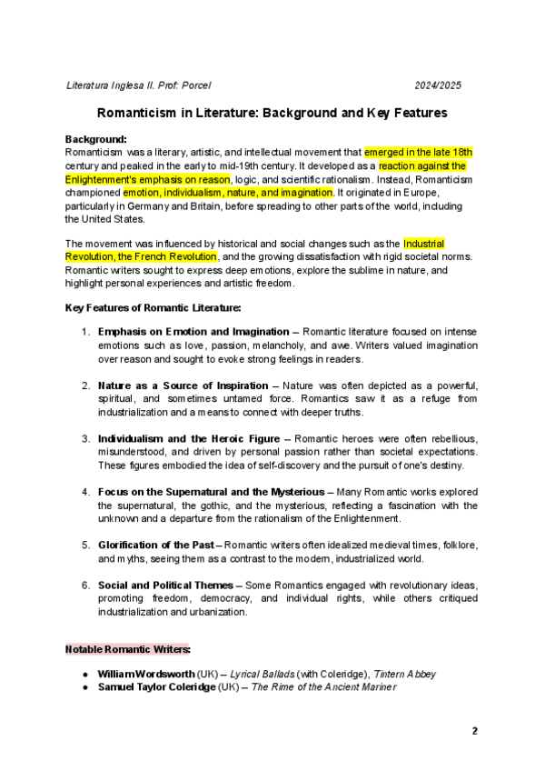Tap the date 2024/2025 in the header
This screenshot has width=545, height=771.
[x=438, y=85]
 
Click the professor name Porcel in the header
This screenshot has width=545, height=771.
[x=195, y=85]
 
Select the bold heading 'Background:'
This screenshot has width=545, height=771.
[x=95, y=139]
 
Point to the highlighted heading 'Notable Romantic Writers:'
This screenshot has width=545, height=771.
[x=127, y=650]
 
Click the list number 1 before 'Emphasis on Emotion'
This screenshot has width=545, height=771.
[x=85, y=332]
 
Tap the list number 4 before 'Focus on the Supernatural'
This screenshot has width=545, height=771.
[x=85, y=492]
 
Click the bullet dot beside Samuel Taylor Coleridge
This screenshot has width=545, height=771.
[x=84, y=687]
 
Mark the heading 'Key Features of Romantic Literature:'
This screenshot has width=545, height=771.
[x=152, y=308]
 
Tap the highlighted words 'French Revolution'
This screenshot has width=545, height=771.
[x=180, y=256]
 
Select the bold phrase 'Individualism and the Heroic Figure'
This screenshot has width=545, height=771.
[x=181, y=438]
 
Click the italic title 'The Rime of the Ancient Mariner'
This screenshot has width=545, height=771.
[x=324, y=687]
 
